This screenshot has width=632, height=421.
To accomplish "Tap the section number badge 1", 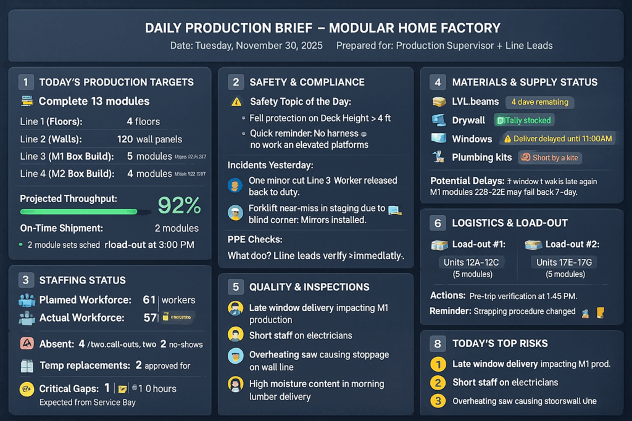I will tap(26, 82).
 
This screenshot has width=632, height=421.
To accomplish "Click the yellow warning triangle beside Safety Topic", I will tap(236, 102).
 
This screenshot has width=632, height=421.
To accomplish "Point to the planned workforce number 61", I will tap(149, 300).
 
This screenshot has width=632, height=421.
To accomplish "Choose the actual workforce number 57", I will tap(149, 317).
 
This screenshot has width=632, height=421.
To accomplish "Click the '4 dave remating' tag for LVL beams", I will tap(539, 102).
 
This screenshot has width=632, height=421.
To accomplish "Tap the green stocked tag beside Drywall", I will tap(523, 120).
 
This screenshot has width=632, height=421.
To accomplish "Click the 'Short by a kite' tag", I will tap(549, 157).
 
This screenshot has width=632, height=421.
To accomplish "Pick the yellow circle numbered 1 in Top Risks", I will tap(438, 364).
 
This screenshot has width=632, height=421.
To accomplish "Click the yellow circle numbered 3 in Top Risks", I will tap(438, 401).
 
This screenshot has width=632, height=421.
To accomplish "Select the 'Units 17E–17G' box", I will tap(565, 266).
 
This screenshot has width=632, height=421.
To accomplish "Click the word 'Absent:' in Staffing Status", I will tap(57, 345).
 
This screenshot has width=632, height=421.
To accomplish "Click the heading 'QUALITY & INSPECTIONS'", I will tap(309, 287).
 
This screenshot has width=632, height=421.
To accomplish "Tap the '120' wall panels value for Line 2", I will tap(125, 139).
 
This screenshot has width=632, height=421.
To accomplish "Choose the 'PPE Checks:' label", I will tap(255, 239).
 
